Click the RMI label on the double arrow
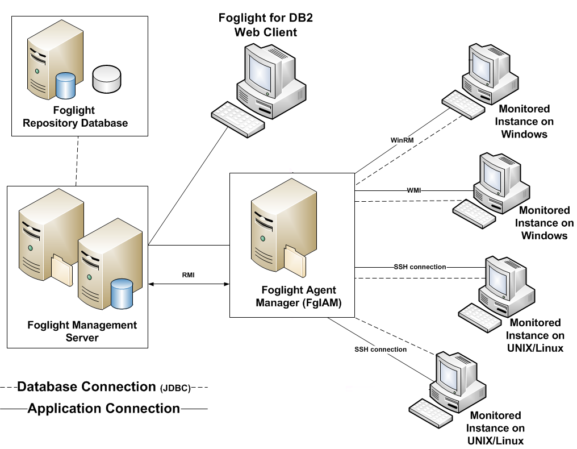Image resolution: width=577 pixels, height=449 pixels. coord(189,275)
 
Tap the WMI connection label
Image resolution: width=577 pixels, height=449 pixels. coord(414,190)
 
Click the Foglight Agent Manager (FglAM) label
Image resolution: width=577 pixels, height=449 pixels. coord(299,296)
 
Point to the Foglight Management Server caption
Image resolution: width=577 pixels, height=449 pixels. coord(82,331)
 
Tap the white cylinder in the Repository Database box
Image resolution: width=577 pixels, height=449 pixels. coord(106,79)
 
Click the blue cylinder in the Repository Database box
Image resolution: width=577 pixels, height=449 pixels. coord(66,85)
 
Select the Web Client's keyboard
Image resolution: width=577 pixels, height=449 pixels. coord(238,119)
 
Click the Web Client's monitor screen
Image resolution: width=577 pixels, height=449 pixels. coord(261,70)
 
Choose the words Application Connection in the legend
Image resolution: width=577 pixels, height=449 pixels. coord(104,408)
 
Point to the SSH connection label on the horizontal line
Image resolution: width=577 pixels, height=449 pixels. coord(420,267)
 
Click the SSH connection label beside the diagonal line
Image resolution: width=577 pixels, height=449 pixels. coord(381,349)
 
